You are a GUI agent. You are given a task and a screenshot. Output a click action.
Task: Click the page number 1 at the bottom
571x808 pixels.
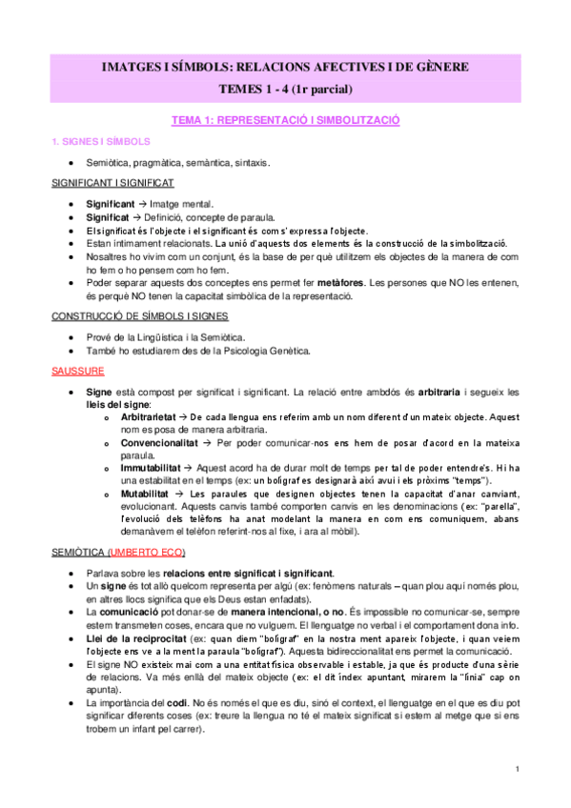point(516,769)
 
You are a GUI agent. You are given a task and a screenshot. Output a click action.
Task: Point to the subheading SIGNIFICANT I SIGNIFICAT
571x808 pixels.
point(112,183)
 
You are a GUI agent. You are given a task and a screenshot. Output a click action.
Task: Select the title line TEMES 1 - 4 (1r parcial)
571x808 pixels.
point(285,90)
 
